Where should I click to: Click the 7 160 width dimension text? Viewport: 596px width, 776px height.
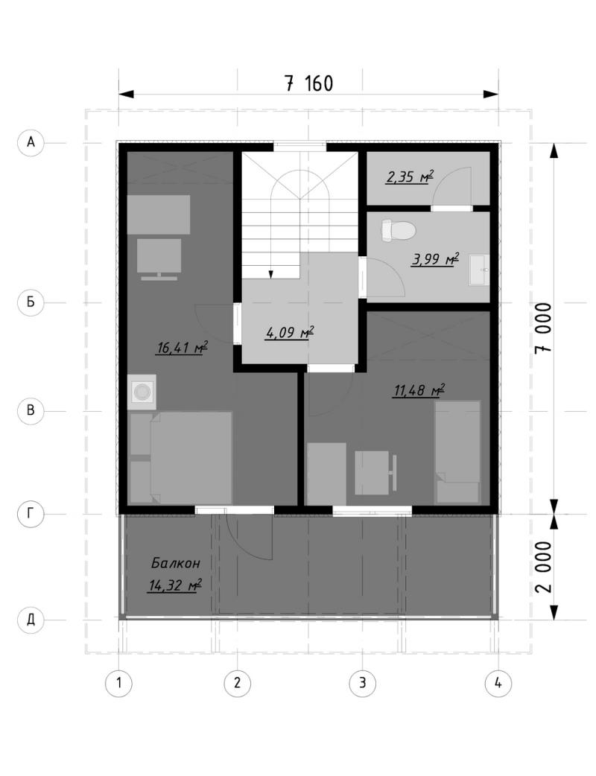309,83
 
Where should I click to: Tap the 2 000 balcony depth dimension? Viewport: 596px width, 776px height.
544,567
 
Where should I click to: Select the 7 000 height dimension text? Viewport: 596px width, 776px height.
544,328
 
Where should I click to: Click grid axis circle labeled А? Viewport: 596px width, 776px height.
31,142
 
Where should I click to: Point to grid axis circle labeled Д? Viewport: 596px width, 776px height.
31,619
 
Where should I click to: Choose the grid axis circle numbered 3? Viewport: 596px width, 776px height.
362,684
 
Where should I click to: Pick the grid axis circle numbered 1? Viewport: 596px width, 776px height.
118,684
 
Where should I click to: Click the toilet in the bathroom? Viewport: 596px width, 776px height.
399,230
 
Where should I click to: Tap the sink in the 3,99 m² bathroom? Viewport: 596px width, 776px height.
479,270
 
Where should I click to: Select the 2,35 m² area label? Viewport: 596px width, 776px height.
410,176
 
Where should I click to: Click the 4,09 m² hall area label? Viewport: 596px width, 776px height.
290,333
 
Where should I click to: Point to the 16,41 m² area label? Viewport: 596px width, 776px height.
183,348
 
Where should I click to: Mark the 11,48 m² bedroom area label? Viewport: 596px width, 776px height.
419,391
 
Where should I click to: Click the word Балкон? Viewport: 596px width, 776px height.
176,563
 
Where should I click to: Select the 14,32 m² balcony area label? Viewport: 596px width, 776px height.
175,586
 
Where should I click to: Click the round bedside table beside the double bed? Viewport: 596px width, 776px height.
142,392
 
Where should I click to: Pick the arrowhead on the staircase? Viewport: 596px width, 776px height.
270,275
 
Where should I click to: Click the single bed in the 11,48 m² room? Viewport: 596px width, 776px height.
457,452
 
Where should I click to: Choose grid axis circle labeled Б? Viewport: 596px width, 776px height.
31,302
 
